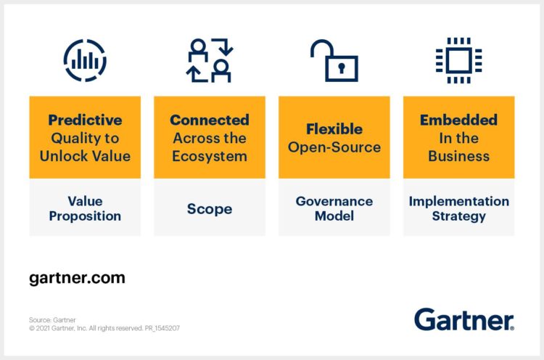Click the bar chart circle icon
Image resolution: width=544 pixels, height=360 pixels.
point(85,60)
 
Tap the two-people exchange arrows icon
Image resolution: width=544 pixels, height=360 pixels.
point(210,60)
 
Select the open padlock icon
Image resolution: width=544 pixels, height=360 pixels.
point(334,60)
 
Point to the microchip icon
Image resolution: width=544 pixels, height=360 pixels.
point(458,60)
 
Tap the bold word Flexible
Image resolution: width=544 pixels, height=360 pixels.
point(334,129)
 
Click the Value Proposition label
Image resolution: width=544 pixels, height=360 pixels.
point(85,208)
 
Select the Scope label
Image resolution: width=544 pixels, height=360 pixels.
point(210,209)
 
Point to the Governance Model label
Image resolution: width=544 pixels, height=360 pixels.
point(334,208)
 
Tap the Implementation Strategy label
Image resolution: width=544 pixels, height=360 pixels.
point(458,208)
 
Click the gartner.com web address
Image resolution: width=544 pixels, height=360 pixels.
point(77,278)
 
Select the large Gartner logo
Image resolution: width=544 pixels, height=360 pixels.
point(463,319)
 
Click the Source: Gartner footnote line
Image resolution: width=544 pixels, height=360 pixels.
point(52,320)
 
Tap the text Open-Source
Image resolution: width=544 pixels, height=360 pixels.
point(334,147)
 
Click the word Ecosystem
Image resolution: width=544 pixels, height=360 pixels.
point(210,156)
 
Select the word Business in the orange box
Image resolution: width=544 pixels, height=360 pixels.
point(458,156)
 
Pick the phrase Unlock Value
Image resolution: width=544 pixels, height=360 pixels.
point(85,156)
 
